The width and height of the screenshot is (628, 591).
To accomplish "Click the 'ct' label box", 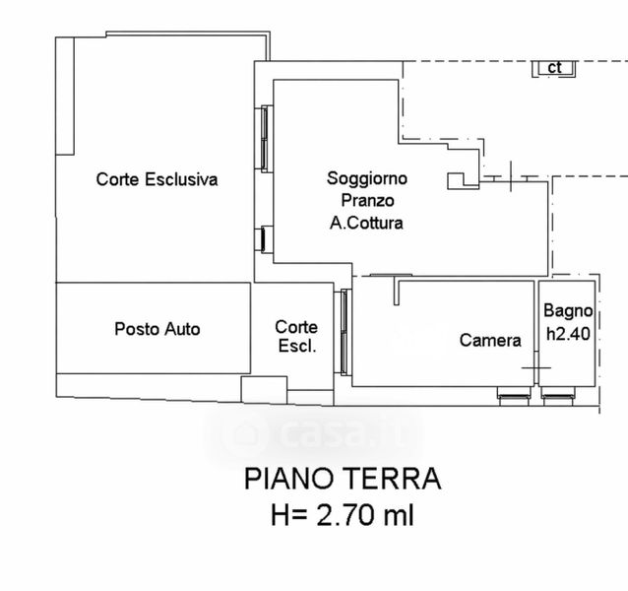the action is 554,68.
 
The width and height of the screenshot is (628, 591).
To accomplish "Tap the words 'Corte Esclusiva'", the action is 157,179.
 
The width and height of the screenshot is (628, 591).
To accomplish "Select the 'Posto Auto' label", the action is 157,329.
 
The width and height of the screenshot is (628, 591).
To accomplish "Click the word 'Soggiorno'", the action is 367,178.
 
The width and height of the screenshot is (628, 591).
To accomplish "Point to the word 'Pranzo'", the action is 367,200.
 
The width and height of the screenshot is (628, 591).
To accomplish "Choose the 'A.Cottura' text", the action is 366,223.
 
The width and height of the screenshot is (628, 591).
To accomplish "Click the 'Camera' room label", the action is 490,340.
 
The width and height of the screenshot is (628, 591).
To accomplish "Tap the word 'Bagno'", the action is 568,311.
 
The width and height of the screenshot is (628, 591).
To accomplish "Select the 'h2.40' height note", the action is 568,333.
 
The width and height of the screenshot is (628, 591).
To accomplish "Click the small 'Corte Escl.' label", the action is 296,337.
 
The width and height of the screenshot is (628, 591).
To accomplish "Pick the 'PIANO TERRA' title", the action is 343,479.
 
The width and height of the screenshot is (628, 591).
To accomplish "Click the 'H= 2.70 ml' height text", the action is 343,515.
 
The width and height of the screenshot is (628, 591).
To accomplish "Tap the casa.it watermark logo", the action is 314,435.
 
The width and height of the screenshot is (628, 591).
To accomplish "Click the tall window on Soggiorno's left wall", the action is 265,139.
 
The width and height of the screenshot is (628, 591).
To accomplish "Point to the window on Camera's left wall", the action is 344,332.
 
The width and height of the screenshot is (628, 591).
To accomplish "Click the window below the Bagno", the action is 558,396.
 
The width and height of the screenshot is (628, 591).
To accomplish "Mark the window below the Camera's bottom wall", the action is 514,396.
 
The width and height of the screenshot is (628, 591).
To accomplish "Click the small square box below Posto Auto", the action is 264,389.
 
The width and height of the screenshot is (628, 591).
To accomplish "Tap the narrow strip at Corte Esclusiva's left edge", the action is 65,97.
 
